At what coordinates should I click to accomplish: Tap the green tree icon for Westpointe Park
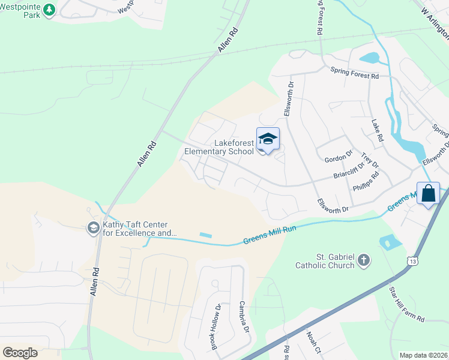[49, 10]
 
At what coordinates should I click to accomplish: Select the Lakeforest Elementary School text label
[218, 147]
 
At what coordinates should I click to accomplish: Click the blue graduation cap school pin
[268, 140]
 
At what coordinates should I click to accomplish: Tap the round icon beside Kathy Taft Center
[93, 228]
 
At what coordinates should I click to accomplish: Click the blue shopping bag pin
[429, 194]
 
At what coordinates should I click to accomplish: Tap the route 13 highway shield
[411, 261]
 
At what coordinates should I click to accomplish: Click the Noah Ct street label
[314, 343]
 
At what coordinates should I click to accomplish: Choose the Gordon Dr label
[339, 158]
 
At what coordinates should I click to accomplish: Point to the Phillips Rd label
[368, 181]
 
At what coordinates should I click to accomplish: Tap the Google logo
[20, 352]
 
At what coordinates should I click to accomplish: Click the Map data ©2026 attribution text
[423, 355]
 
